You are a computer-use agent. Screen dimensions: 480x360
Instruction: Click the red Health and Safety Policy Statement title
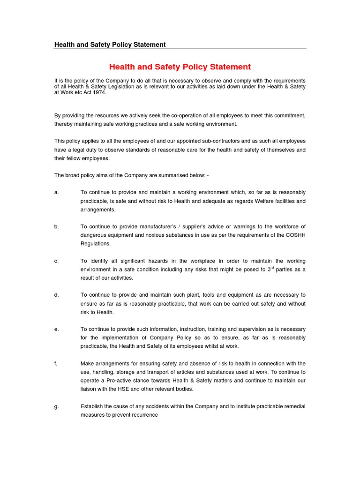click(x=180, y=67)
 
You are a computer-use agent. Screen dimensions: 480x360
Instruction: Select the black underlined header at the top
click(x=110, y=45)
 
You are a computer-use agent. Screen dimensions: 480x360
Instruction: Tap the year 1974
click(x=99, y=92)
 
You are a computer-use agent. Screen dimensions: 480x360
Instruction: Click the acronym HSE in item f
click(x=112, y=389)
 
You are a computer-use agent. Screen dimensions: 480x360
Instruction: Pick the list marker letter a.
click(x=56, y=193)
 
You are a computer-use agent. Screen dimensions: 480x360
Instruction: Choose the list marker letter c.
click(x=56, y=261)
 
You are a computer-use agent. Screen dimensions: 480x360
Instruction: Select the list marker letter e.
click(x=56, y=330)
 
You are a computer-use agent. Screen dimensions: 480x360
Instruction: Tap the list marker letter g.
click(x=56, y=406)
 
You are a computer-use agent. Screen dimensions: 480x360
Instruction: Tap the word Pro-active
click(x=119, y=381)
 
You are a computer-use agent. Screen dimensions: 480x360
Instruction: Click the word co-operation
click(x=176, y=115)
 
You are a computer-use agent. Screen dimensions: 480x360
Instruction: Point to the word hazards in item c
click(x=151, y=261)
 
